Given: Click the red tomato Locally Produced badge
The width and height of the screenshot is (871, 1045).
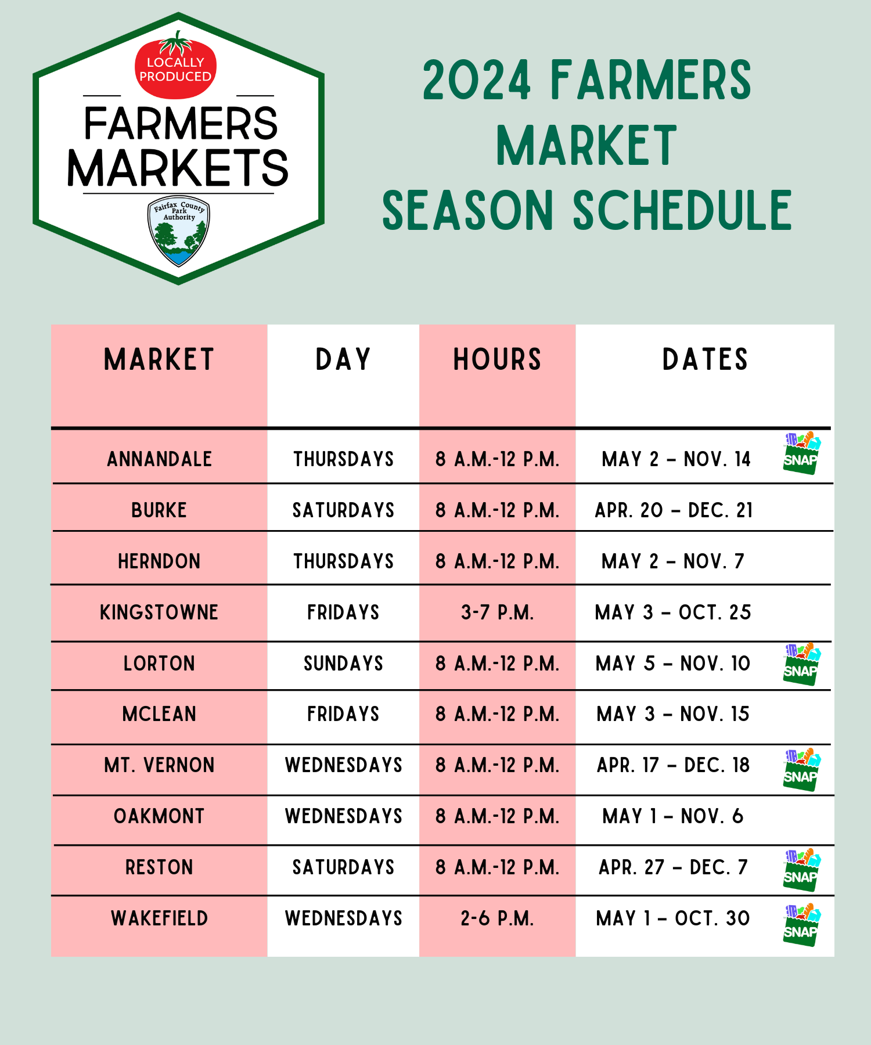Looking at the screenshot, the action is tap(175, 66).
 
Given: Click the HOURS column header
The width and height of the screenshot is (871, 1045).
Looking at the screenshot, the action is tap(497, 359).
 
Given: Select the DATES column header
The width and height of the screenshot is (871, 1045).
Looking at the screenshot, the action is tap(705, 359).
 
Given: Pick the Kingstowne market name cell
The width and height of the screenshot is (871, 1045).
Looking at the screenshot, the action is tap(159, 612).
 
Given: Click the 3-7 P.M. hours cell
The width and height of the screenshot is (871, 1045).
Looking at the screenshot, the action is tap(497, 612).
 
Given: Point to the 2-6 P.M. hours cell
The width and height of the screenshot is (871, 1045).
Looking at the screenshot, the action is tap(497, 918).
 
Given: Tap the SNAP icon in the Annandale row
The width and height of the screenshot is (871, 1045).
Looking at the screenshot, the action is tap(801, 453).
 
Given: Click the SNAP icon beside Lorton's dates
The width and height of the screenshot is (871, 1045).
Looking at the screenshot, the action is tap(801, 664).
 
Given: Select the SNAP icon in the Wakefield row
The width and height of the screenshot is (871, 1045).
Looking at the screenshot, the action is tap(801, 925).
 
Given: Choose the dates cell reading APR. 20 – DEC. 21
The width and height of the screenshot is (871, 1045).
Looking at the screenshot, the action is tap(674, 510).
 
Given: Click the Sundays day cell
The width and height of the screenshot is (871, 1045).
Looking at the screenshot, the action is tap(343, 664).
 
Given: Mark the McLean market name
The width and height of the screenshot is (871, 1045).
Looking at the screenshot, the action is tap(159, 714).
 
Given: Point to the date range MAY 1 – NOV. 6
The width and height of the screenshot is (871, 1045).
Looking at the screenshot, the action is tap(673, 816).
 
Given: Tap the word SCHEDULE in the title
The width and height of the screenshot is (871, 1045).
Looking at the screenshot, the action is tap(682, 210).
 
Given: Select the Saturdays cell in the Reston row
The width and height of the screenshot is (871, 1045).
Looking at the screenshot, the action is tap(343, 867).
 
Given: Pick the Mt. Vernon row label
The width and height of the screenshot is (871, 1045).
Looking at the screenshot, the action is tap(159, 765).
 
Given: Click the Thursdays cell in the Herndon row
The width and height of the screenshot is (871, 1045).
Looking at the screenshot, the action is tap(343, 561).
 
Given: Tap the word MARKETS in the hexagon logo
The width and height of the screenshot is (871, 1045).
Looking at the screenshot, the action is tap(178, 168).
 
